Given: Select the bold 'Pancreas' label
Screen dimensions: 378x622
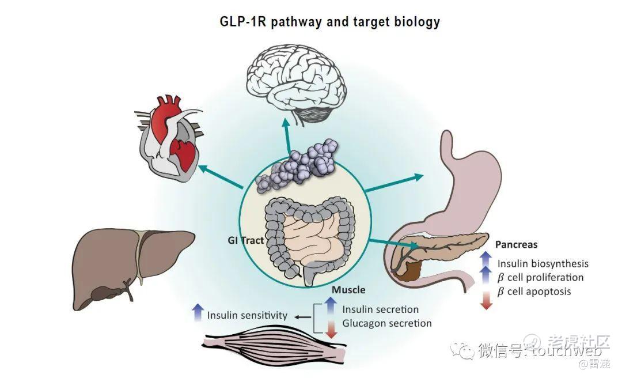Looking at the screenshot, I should coord(516,244).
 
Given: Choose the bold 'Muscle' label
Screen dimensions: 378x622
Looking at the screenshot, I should coord(348,289).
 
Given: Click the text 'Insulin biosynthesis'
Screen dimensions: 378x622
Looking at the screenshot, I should coord(543,263).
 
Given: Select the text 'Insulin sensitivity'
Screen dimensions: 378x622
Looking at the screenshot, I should coord(247,315).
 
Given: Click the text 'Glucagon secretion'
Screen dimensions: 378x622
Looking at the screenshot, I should coord(386,323).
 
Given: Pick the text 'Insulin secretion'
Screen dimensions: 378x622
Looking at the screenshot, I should coord(380,309).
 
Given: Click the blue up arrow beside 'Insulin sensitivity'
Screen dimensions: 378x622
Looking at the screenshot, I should coord(198,312).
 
